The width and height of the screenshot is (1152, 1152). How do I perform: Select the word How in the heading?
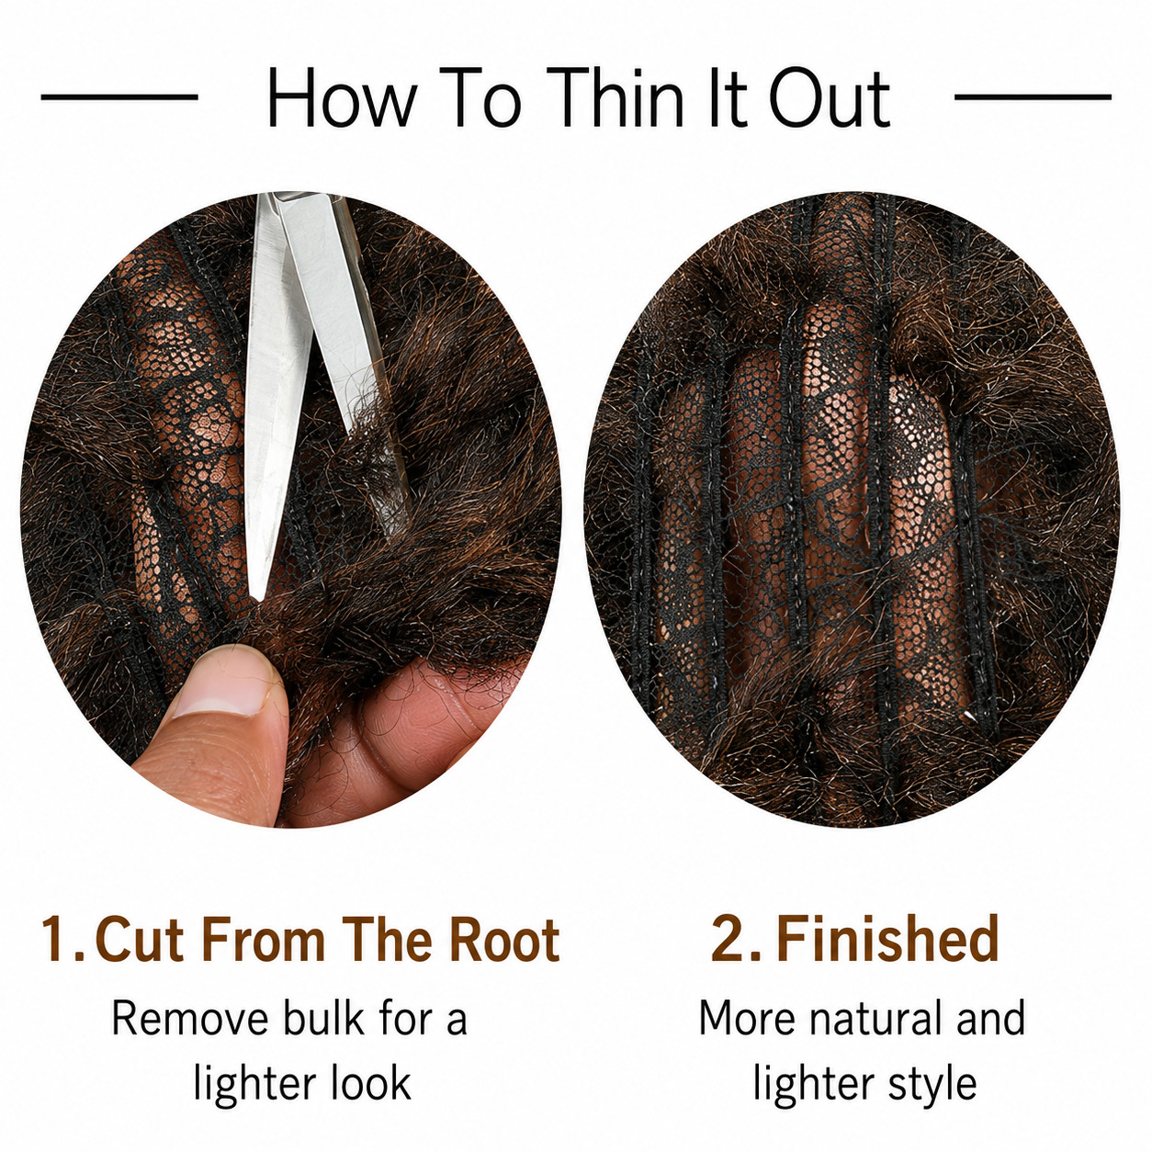[342, 97]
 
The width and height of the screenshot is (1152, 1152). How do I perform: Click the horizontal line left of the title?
[119, 96]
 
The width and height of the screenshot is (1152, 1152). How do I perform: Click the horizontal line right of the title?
[1033, 96]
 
